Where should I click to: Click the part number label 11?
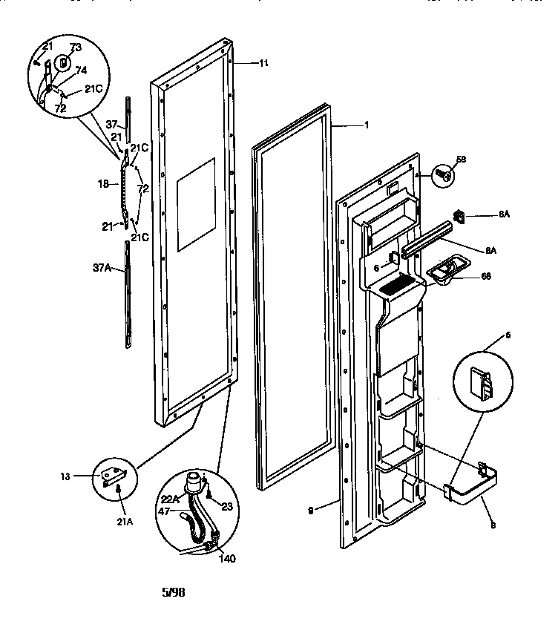[263, 64]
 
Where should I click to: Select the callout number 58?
[460, 160]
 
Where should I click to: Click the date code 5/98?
[173, 592]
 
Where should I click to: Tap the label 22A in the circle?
[171, 499]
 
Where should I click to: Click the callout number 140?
[226, 558]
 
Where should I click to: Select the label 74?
[81, 71]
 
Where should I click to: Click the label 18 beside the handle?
[104, 183]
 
